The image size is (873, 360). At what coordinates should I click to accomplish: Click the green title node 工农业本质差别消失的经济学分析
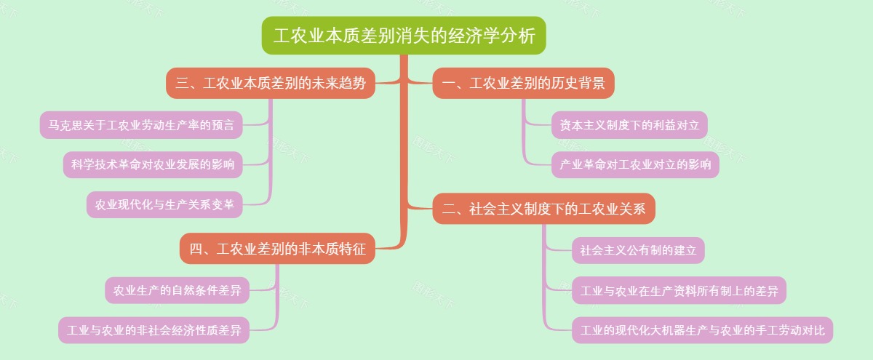pyautogui.click(x=404, y=36)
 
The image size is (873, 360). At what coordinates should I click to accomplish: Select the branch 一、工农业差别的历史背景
pyautogui.click(x=523, y=84)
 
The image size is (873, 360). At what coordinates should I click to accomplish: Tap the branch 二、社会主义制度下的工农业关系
pyautogui.click(x=543, y=209)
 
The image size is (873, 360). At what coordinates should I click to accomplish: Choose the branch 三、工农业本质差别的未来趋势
pyautogui.click(x=271, y=84)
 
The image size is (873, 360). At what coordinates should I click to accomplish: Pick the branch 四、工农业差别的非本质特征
pyautogui.click(x=277, y=249)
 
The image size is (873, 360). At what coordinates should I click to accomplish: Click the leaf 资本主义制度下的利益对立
pyautogui.click(x=629, y=125)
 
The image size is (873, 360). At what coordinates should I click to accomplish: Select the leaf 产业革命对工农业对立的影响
pyautogui.click(x=635, y=164)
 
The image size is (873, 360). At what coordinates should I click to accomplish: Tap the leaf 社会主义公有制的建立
pyautogui.click(x=638, y=251)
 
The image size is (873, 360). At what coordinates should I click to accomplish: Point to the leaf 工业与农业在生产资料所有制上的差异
pyautogui.click(x=679, y=292)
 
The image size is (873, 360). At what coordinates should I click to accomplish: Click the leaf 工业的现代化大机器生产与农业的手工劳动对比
pyautogui.click(x=702, y=331)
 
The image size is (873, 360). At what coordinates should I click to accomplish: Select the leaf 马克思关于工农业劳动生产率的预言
pyautogui.click(x=141, y=125)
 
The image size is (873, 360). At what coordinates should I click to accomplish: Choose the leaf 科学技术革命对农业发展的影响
pyautogui.click(x=152, y=164)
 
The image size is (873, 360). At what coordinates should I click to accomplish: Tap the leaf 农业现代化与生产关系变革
pyautogui.click(x=164, y=204)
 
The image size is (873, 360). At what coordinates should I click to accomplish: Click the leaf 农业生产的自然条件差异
pyautogui.click(x=177, y=290)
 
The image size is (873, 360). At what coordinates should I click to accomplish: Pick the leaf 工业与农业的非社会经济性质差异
pyautogui.click(x=154, y=330)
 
